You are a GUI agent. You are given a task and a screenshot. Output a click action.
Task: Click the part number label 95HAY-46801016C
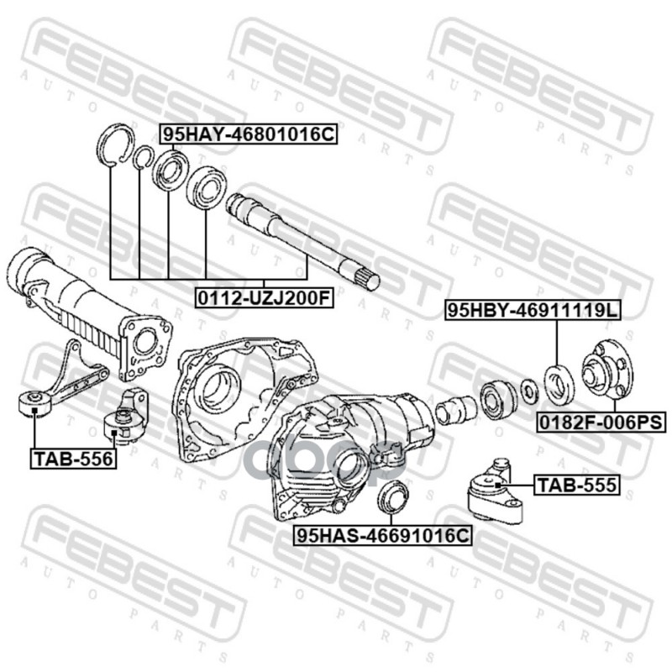click(249, 134)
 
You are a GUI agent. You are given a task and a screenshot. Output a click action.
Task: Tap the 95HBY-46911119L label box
click(533, 310)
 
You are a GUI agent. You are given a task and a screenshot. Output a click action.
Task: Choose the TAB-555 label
click(577, 485)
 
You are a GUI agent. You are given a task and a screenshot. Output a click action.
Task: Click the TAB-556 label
click(73, 459)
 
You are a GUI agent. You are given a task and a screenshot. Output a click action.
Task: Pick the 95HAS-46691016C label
click(383, 535)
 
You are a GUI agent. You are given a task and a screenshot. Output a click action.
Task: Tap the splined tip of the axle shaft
click(365, 278)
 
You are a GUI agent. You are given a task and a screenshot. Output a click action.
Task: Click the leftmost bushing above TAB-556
click(34, 404)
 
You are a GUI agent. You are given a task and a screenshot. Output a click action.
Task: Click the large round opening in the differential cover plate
click(221, 389)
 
